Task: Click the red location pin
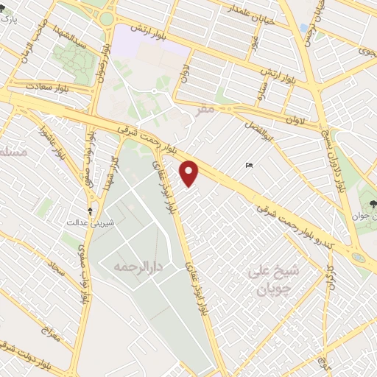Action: [x=190, y=174]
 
